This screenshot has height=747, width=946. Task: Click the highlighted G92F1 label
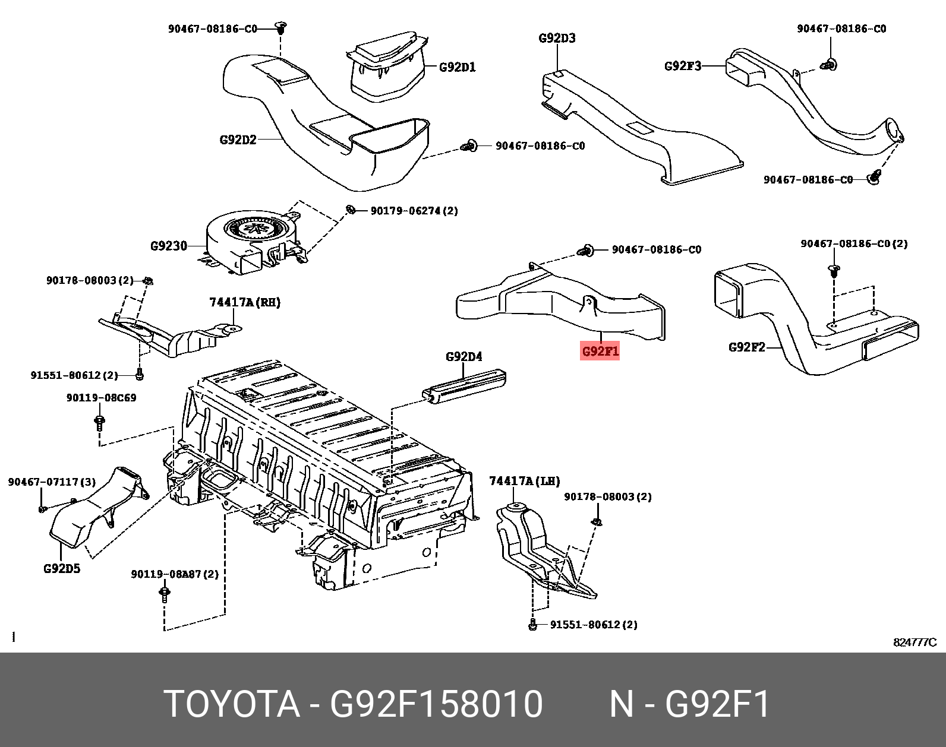tap(600, 351)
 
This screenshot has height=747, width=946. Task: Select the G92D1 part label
tap(457, 67)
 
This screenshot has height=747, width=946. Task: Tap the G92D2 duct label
tap(238, 140)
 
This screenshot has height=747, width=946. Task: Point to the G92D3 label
tap(557, 38)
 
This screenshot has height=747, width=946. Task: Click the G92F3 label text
tap(682, 66)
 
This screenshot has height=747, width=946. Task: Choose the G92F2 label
tap(746, 347)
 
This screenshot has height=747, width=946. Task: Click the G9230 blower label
tap(169, 245)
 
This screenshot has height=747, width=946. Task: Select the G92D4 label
tap(463, 356)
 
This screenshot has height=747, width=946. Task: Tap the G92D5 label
tap(62, 568)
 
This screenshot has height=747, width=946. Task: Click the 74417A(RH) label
tap(245, 302)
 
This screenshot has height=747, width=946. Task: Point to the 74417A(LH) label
tap(524, 481)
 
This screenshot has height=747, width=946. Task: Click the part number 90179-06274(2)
tap(414, 211)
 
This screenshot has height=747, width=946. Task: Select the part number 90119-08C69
tap(101, 398)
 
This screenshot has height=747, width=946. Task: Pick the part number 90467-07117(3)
tap(52, 482)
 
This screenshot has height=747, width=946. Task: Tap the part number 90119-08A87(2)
tap(175, 574)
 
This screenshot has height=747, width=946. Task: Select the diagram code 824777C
tap(915, 642)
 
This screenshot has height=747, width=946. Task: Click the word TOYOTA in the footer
tap(232, 704)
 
